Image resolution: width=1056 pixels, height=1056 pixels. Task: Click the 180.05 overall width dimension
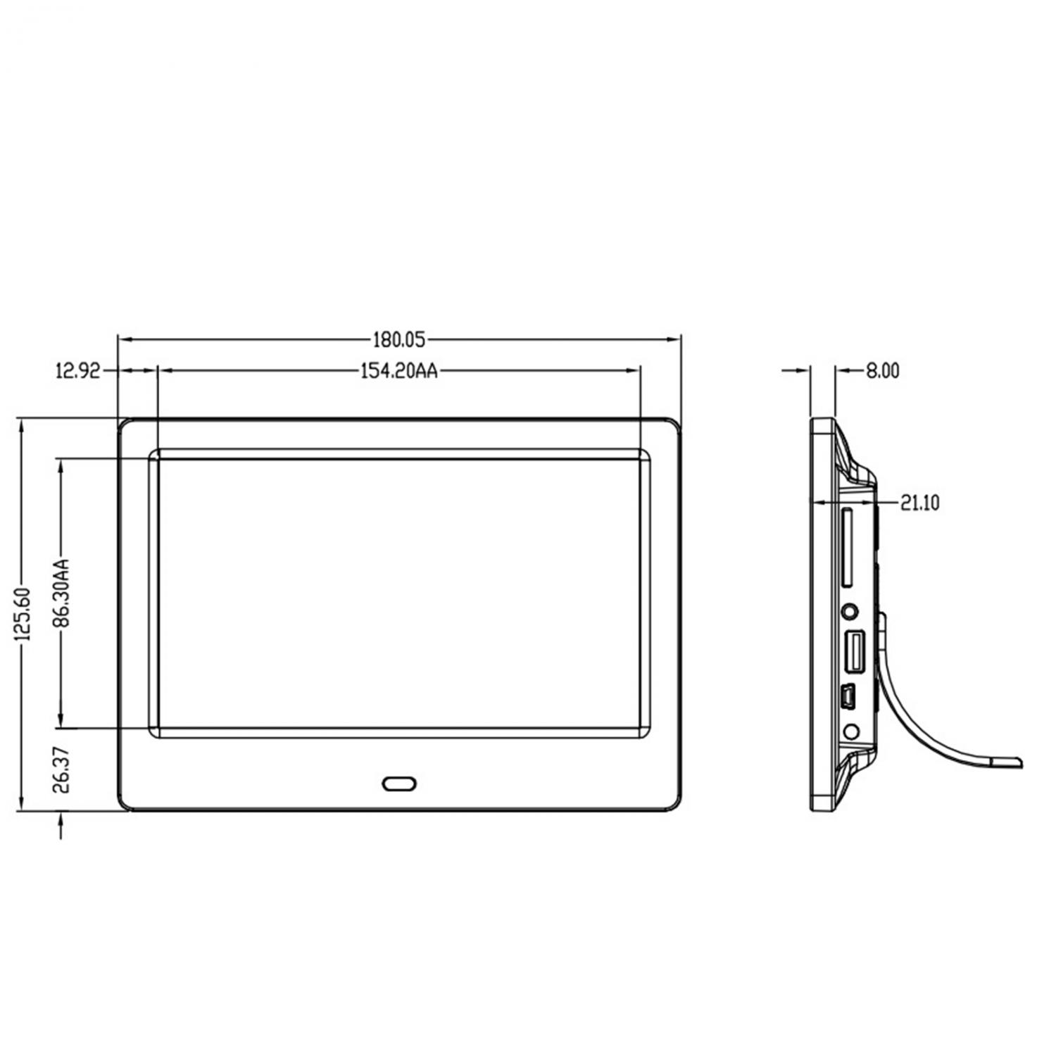coord(399,340)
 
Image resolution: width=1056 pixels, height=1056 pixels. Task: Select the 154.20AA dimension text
coord(399,370)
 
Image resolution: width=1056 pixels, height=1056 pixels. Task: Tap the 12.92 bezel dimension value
coord(78,370)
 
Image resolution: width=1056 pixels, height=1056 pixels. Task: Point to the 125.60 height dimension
coord(23,614)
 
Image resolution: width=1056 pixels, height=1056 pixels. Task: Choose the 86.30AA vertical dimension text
coord(62,593)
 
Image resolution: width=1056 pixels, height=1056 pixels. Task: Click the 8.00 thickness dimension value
coord(882,370)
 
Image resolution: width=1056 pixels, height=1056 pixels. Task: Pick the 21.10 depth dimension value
coord(919,503)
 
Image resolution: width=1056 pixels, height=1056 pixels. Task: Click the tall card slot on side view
coord(848,546)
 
